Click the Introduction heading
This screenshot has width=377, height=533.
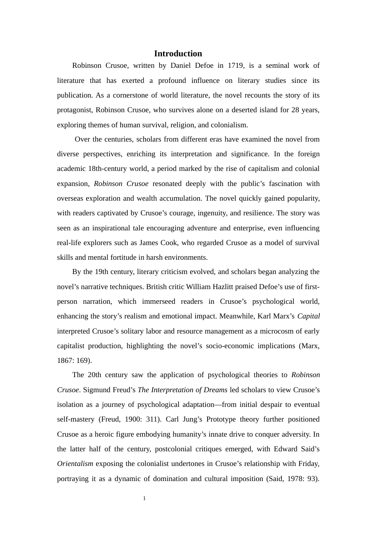178,54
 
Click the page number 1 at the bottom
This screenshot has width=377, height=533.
144,498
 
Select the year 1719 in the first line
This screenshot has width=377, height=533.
235,65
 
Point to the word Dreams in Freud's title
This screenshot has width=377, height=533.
215,390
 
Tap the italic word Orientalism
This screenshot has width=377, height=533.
75,464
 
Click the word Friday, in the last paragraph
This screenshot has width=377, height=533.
308,464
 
